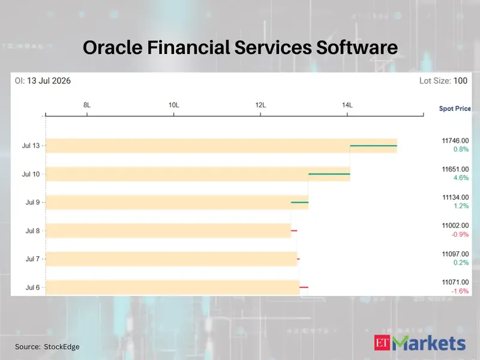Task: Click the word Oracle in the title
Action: pos(113,47)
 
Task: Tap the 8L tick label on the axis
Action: pos(87,106)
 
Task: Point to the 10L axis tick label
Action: pos(174,106)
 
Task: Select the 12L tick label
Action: pos(260,106)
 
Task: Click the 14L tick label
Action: pos(347,106)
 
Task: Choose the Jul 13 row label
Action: pos(31,146)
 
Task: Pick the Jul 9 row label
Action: pos(33,202)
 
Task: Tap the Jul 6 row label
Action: pos(33,287)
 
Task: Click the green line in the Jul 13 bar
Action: pos(373,146)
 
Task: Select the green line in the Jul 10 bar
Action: pos(329,174)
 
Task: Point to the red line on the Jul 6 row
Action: pos(304,287)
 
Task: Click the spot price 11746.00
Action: pos(455,141)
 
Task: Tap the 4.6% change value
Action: pos(461,178)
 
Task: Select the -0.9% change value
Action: pos(460,235)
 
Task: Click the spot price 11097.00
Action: pos(455,254)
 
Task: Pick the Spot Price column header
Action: pos(455,109)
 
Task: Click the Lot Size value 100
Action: pos(460,81)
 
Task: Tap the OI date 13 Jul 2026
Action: pos(49,81)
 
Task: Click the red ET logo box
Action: pos(382,343)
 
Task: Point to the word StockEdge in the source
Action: pos(62,347)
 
